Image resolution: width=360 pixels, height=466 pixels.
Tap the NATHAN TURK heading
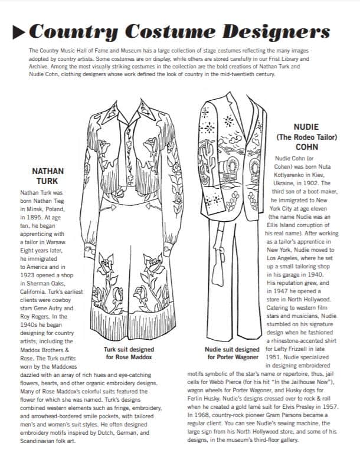48,176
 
